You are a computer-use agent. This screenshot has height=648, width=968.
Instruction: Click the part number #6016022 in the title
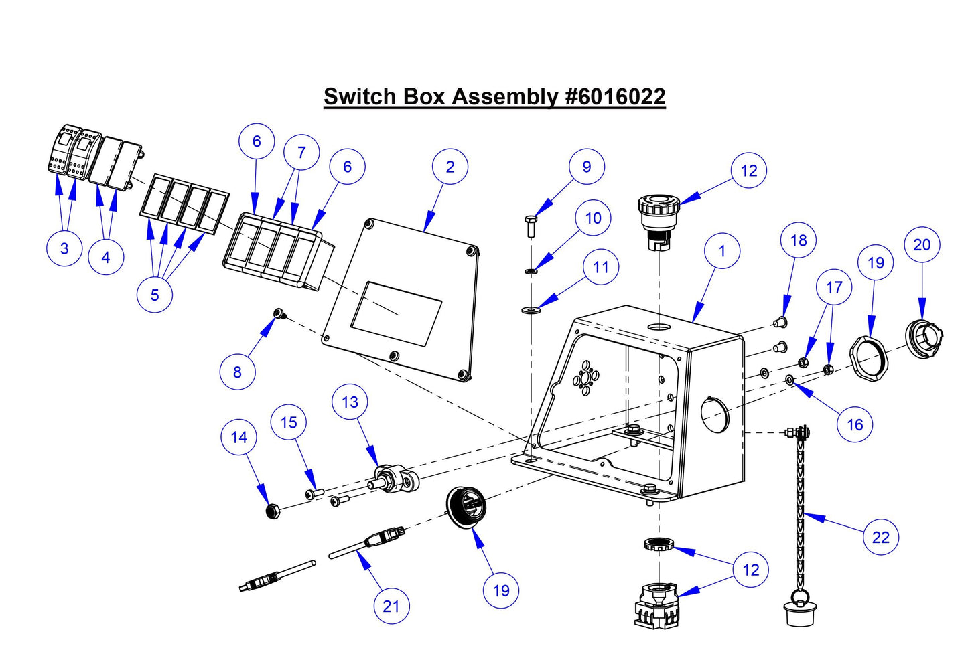click(615, 96)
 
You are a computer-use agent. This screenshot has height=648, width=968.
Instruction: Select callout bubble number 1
click(722, 251)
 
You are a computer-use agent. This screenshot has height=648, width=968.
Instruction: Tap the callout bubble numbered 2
click(450, 167)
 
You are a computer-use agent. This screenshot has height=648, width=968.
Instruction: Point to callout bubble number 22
click(881, 536)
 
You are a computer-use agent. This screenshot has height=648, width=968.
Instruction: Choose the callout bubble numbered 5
click(155, 295)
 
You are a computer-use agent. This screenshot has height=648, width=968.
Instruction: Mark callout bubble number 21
click(391, 606)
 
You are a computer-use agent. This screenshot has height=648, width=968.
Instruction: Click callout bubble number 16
click(855, 424)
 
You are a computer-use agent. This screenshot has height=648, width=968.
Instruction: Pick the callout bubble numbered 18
click(799, 240)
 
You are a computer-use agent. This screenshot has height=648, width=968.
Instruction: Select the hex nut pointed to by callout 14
click(271, 512)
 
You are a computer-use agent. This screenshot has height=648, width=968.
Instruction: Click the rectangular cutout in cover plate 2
click(396, 313)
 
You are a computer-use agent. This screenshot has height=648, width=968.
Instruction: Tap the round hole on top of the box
click(659, 327)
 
